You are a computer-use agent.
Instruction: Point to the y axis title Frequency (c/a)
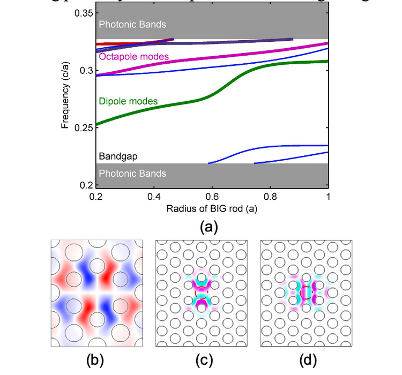(x=65, y=100)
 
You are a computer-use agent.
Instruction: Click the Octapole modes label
(x=134, y=56)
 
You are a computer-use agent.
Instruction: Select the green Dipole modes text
(x=128, y=101)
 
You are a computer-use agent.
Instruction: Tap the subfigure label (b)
(x=95, y=361)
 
